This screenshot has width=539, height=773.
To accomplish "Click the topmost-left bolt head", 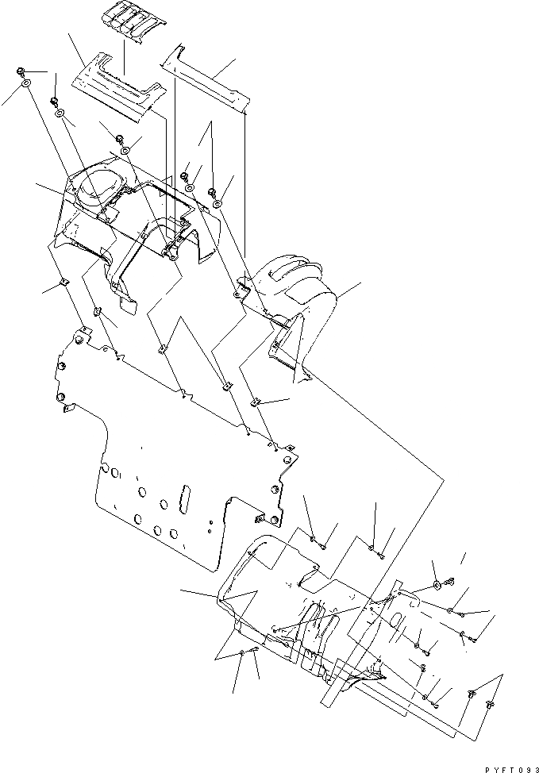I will tap(19, 73).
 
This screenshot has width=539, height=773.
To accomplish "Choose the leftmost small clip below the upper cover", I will tap(62, 283).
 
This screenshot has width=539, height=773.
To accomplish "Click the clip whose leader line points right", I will tap(257, 402).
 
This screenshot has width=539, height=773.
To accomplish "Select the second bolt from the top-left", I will tap(55, 102).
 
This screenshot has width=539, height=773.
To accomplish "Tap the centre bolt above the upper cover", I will tap(185, 177).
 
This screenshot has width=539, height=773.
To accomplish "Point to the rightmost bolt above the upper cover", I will tap(214, 193).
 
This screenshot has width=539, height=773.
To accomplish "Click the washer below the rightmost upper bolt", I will tap(218, 204).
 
